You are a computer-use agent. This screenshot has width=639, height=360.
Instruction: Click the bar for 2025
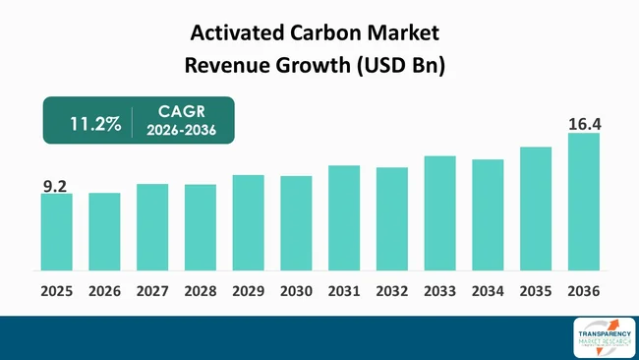tap(56, 232)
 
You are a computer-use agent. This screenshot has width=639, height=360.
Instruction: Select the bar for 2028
tap(201, 227)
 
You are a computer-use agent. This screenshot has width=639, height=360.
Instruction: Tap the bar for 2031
tap(344, 218)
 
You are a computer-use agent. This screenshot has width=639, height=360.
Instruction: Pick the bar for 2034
tap(488, 214)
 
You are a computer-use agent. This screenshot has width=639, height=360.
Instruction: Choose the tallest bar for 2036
tap(584, 202)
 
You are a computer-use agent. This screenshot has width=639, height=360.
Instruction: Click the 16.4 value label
tap(584, 124)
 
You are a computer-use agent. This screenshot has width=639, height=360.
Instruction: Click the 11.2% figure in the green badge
tap(95, 124)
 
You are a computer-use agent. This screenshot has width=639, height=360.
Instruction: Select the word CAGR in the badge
tap(181, 113)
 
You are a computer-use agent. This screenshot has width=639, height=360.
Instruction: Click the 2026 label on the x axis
tap(104, 291)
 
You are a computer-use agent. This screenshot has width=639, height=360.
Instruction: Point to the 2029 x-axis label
tap(249, 291)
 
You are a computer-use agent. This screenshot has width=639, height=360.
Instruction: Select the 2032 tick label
tap(392, 291)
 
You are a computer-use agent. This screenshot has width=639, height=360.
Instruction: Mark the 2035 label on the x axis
tap(536, 291)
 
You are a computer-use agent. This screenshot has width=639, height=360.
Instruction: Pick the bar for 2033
tap(439, 213)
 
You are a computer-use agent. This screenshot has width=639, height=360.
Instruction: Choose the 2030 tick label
tap(296, 291)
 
